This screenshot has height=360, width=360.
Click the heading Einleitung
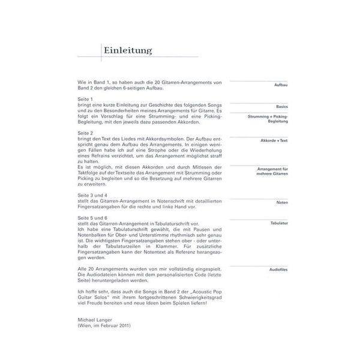point(127,51)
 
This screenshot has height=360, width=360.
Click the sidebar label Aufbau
point(280,86)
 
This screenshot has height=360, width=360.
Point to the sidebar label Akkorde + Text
point(274,140)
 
